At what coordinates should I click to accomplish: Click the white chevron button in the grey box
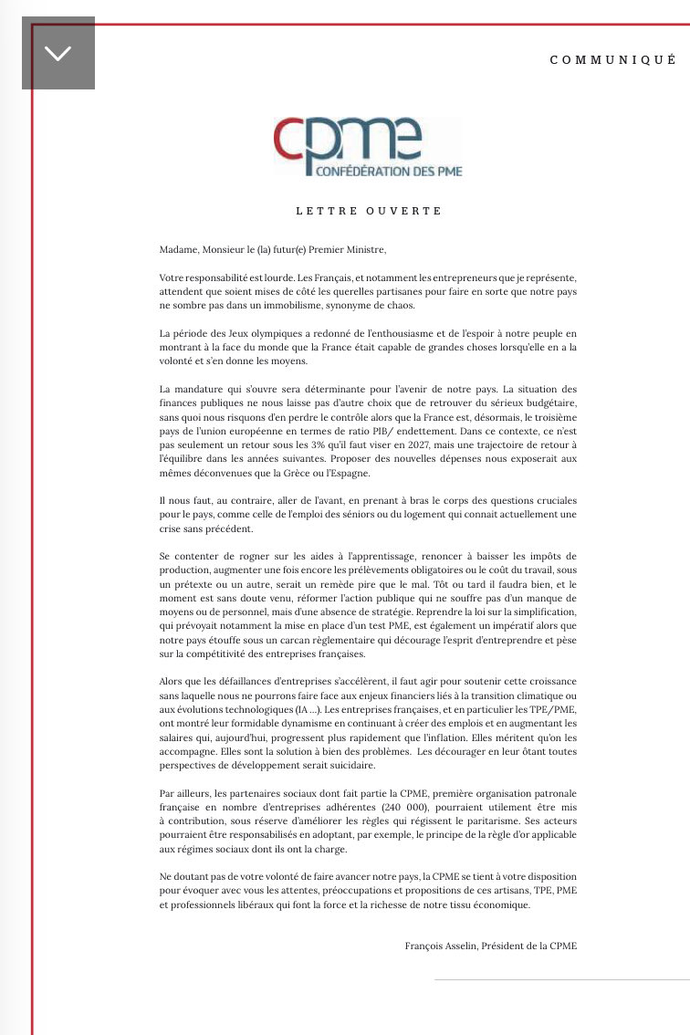(x=57, y=54)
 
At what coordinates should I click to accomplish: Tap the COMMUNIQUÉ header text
(x=612, y=59)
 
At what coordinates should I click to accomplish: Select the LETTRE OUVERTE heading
(x=369, y=211)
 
